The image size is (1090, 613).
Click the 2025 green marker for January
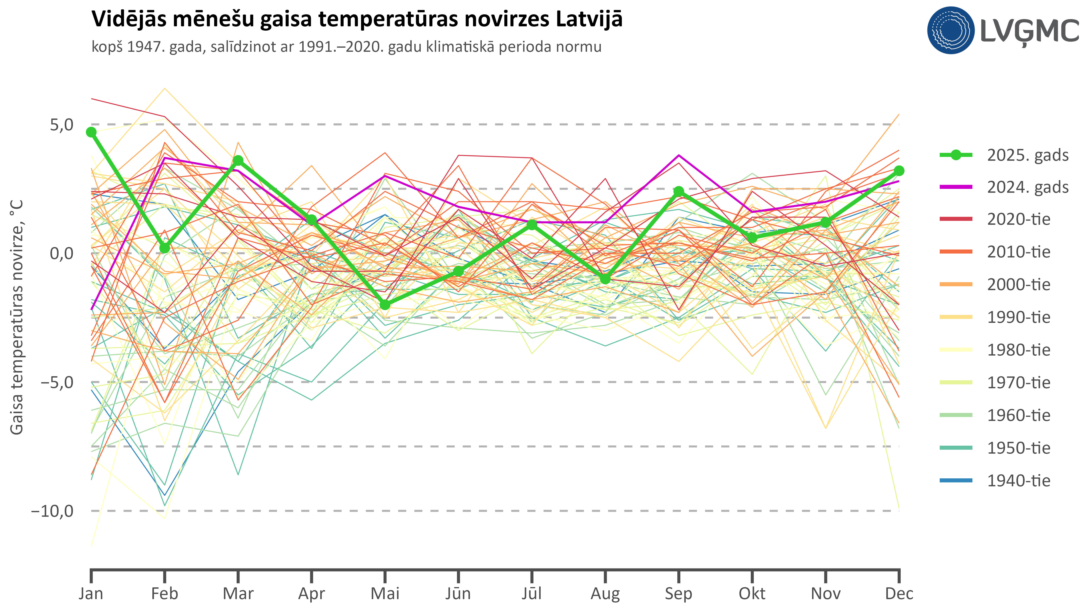click(91, 132)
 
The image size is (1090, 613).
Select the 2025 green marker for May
click(385, 305)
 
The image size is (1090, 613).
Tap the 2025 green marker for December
click(899, 171)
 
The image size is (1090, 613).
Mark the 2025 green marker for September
click(679, 191)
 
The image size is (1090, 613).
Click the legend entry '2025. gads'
click(1027, 155)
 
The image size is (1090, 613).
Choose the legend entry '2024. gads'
click(1027, 187)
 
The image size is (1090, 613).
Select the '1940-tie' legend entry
click(1018, 481)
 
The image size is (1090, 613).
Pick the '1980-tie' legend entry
click(1018, 350)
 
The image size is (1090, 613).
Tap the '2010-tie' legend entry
click(1018, 252)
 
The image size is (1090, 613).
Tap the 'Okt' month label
click(752, 593)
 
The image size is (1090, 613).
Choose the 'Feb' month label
click(165, 593)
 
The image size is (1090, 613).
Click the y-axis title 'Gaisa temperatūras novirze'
click(17, 317)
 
